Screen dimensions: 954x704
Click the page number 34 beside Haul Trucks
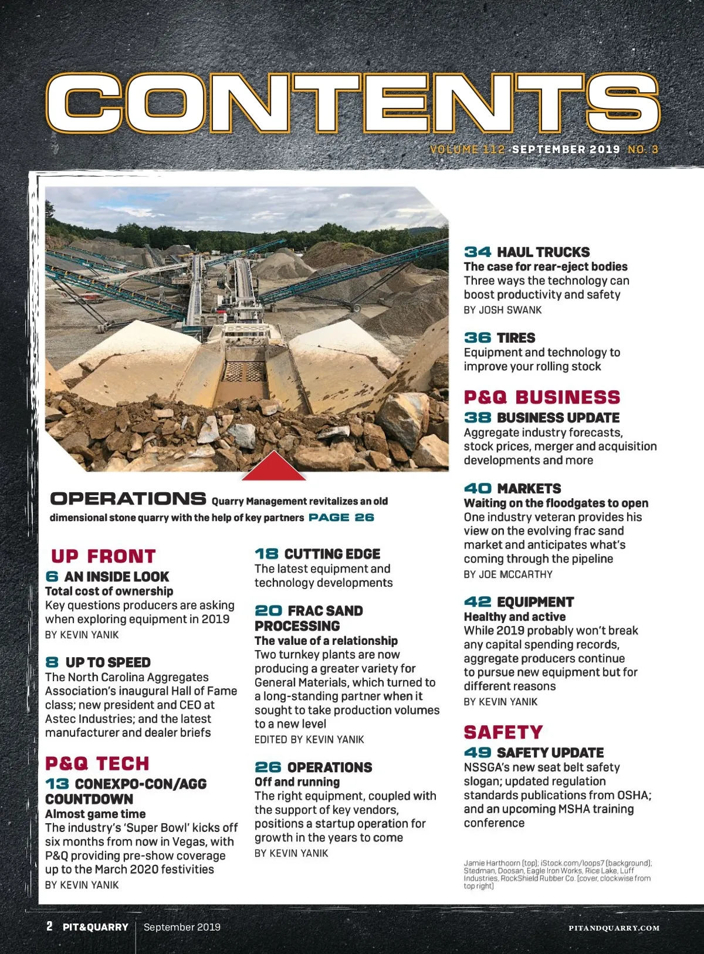pos(478,252)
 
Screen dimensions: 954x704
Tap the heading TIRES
pos(516,338)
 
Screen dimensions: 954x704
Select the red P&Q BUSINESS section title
pos(541,397)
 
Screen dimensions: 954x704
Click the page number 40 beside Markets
pos(478,489)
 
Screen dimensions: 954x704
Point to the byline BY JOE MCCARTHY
pos(508,574)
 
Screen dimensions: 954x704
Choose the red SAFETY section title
pos(503,732)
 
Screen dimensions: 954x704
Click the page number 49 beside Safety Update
pos(478,753)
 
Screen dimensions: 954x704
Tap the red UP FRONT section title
pos(103,556)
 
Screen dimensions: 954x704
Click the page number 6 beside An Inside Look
pos(52,577)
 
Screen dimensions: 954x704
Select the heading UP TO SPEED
pos(108,662)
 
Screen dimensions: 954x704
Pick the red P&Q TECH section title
pos(97,763)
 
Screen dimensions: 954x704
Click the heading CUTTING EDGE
pos(332,554)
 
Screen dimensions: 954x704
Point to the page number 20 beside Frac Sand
pos(268,611)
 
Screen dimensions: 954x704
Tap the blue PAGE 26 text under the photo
pos(341,517)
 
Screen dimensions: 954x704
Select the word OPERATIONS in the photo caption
pos(128,499)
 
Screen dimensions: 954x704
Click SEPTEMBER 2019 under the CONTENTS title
pos(566,149)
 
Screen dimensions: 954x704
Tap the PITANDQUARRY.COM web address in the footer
pos(614,928)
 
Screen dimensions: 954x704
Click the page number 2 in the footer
pos(49,926)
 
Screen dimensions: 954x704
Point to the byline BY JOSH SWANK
pos(503,310)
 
